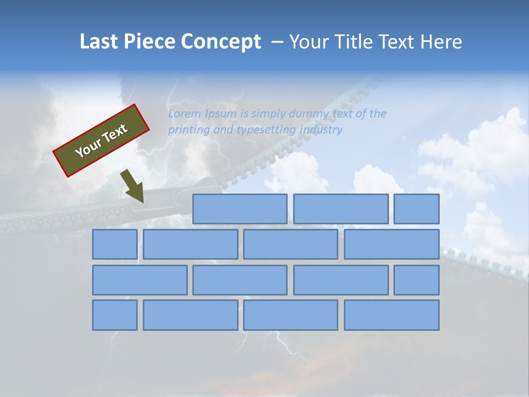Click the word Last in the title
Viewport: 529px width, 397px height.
100,41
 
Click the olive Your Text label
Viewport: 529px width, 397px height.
101,141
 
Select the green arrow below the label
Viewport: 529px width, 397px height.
133,186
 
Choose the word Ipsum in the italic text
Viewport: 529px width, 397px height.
220,114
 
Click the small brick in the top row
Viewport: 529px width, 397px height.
417,209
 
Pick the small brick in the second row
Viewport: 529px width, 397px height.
115,244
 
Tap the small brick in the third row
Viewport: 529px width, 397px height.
417,280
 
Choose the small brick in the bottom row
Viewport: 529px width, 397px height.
115,315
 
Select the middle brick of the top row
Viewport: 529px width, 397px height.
341,209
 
